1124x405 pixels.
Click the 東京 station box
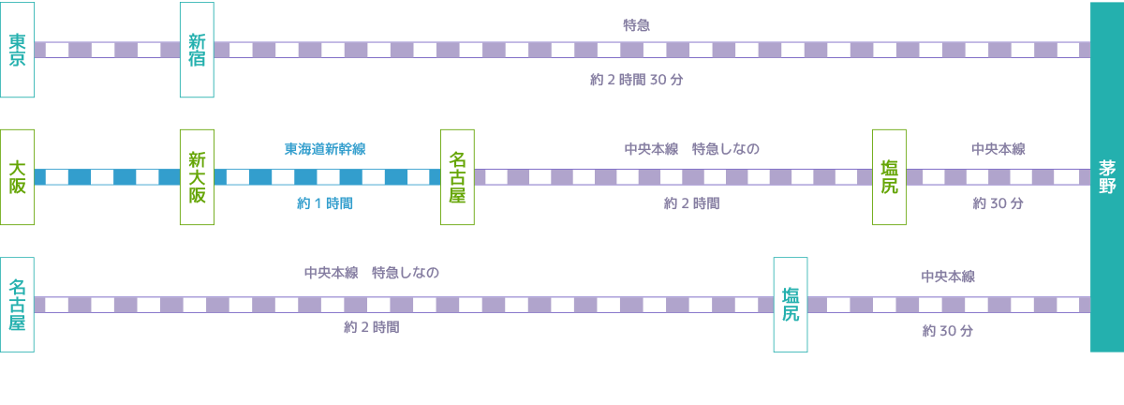pos(17,50)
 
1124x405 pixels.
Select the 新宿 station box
pos(197,50)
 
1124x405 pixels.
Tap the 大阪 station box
pos(17,176)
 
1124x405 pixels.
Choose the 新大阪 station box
pos(197,176)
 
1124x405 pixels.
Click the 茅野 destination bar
pos(1107,176)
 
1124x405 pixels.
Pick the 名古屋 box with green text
pos(457,176)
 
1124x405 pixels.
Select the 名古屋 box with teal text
pos(17,305)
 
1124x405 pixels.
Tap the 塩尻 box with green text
pos(889,176)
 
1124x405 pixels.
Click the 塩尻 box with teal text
pos(790,305)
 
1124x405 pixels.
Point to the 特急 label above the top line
pos(636,25)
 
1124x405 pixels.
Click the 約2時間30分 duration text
pos(636,80)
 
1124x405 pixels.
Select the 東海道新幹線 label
pos(325,149)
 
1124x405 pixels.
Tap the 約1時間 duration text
pos(325,203)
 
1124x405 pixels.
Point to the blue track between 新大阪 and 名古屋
pos(327,176)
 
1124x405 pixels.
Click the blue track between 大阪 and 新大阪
pos(107,176)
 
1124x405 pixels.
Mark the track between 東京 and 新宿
pos(107,50)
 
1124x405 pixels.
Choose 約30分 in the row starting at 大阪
pos(998,203)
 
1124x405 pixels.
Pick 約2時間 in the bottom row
pos(371,327)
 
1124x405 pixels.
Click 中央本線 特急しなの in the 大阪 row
pos(691,149)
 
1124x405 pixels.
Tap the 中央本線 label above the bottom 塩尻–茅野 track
pos(948,277)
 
